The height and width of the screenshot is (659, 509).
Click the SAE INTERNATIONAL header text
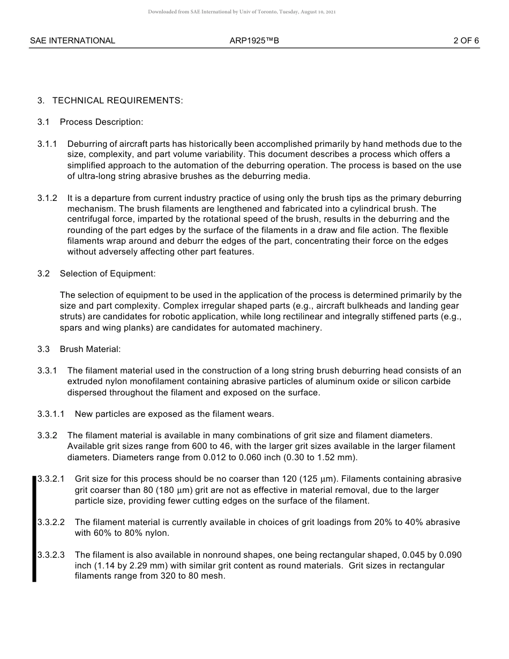[72, 41]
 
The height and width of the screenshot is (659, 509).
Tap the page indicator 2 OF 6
[466, 41]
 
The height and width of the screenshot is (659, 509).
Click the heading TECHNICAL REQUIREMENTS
[117, 100]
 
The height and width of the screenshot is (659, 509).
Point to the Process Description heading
[101, 122]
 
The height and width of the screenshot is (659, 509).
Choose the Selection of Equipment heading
[108, 274]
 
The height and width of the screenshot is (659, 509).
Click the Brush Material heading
[90, 349]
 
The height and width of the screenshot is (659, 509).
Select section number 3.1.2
[47, 198]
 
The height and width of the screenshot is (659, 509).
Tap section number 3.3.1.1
[51, 414]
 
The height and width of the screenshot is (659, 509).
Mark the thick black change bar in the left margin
[34, 528]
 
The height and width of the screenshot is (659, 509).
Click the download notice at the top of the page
[242, 12]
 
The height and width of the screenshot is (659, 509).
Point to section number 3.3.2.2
[51, 522]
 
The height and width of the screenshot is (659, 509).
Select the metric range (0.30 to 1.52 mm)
[308, 458]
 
